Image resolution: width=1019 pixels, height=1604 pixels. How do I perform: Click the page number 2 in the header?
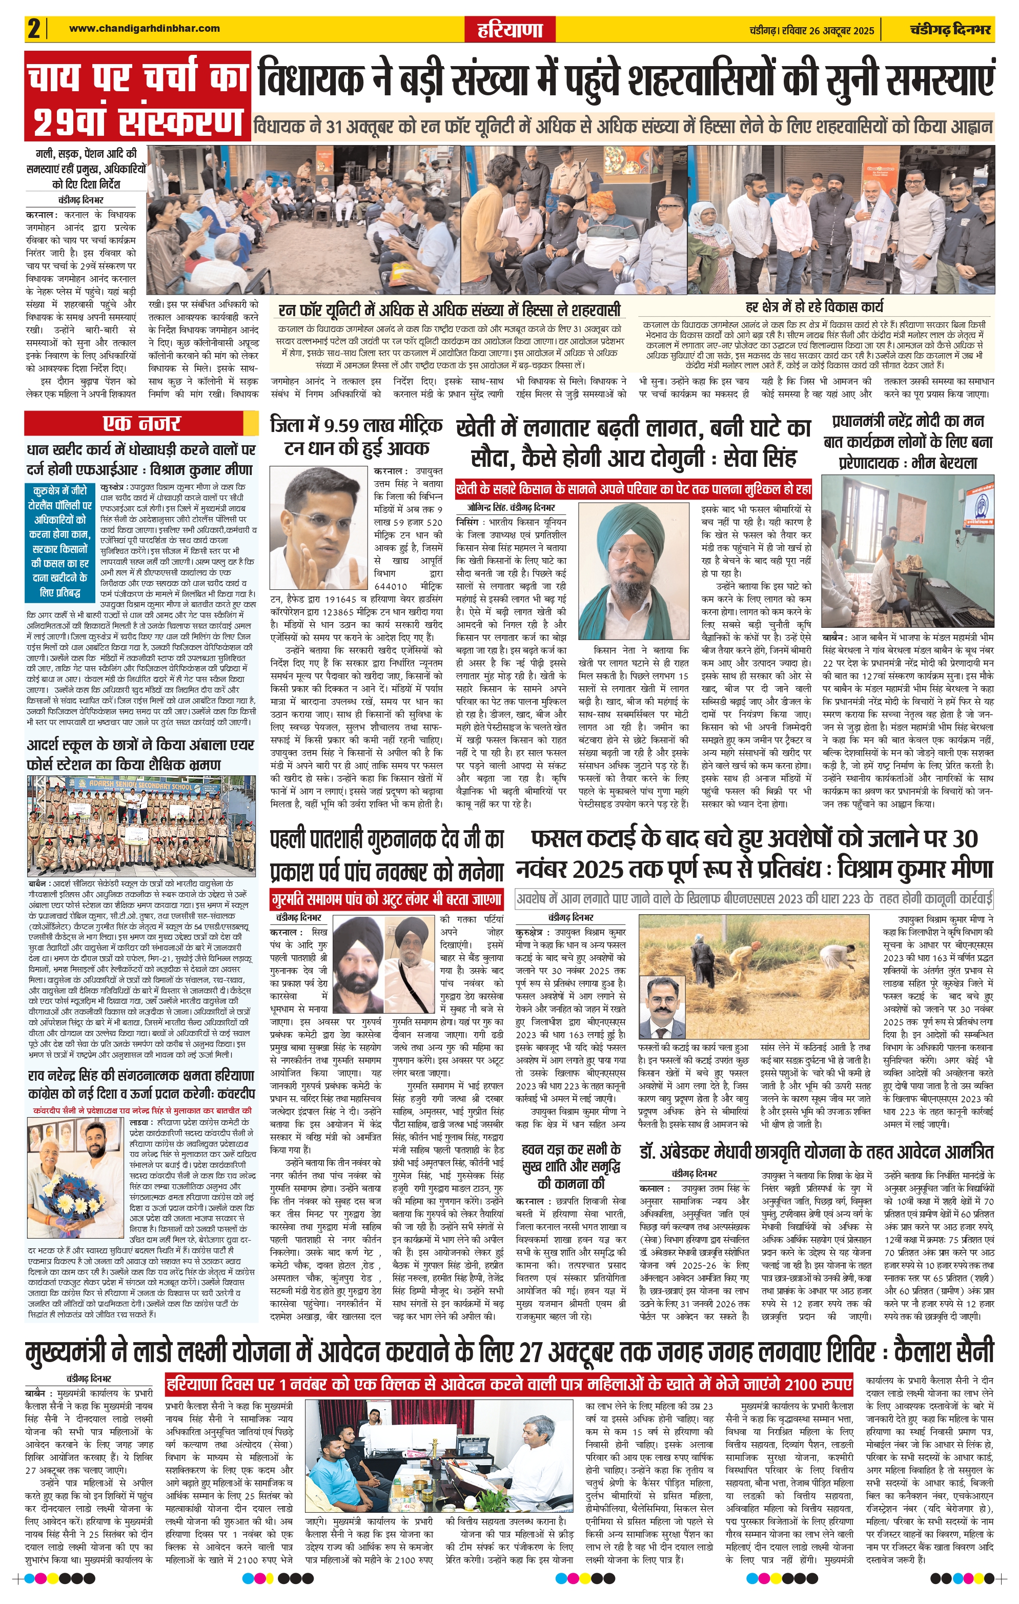coord(34,29)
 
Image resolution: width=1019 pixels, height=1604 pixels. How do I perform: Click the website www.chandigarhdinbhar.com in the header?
coord(144,28)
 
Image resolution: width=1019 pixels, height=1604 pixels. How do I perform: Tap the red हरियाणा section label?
coord(510,30)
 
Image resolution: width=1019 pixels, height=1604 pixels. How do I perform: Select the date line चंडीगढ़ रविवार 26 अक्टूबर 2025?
coord(810,30)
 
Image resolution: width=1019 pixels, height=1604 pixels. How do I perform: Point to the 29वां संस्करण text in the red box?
coord(137,121)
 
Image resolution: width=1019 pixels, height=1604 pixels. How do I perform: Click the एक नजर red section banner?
coord(141,423)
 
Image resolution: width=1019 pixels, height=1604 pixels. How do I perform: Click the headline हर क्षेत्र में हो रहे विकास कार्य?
coord(814,307)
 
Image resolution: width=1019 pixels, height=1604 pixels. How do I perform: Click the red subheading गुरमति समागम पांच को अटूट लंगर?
coord(386,899)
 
